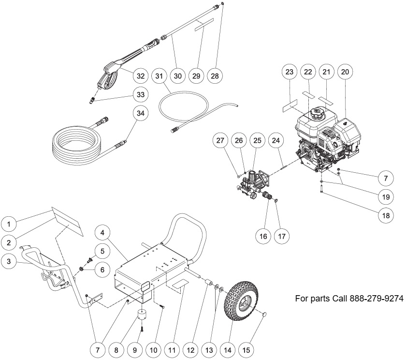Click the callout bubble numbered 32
pyautogui.click(x=141, y=76)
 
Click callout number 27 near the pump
pyautogui.click(x=220, y=141)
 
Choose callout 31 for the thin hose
pyautogui.click(x=159, y=76)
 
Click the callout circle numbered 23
pyautogui.click(x=290, y=72)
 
